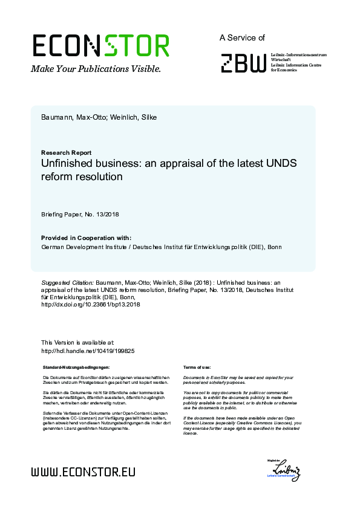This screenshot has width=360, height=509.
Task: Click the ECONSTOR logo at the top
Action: (100, 46)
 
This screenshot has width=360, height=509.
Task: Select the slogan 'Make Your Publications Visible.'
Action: (96, 69)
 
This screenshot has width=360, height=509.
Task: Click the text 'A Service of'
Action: (242, 37)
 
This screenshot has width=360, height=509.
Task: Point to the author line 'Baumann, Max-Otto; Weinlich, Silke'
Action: (99, 117)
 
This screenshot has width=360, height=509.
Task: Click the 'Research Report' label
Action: (66, 153)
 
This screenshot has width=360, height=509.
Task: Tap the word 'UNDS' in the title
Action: (282, 164)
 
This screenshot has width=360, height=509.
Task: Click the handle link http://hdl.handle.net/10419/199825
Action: (87, 351)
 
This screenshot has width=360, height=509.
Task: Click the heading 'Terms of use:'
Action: (197, 367)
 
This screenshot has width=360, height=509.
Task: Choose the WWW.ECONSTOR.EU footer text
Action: (83, 472)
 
